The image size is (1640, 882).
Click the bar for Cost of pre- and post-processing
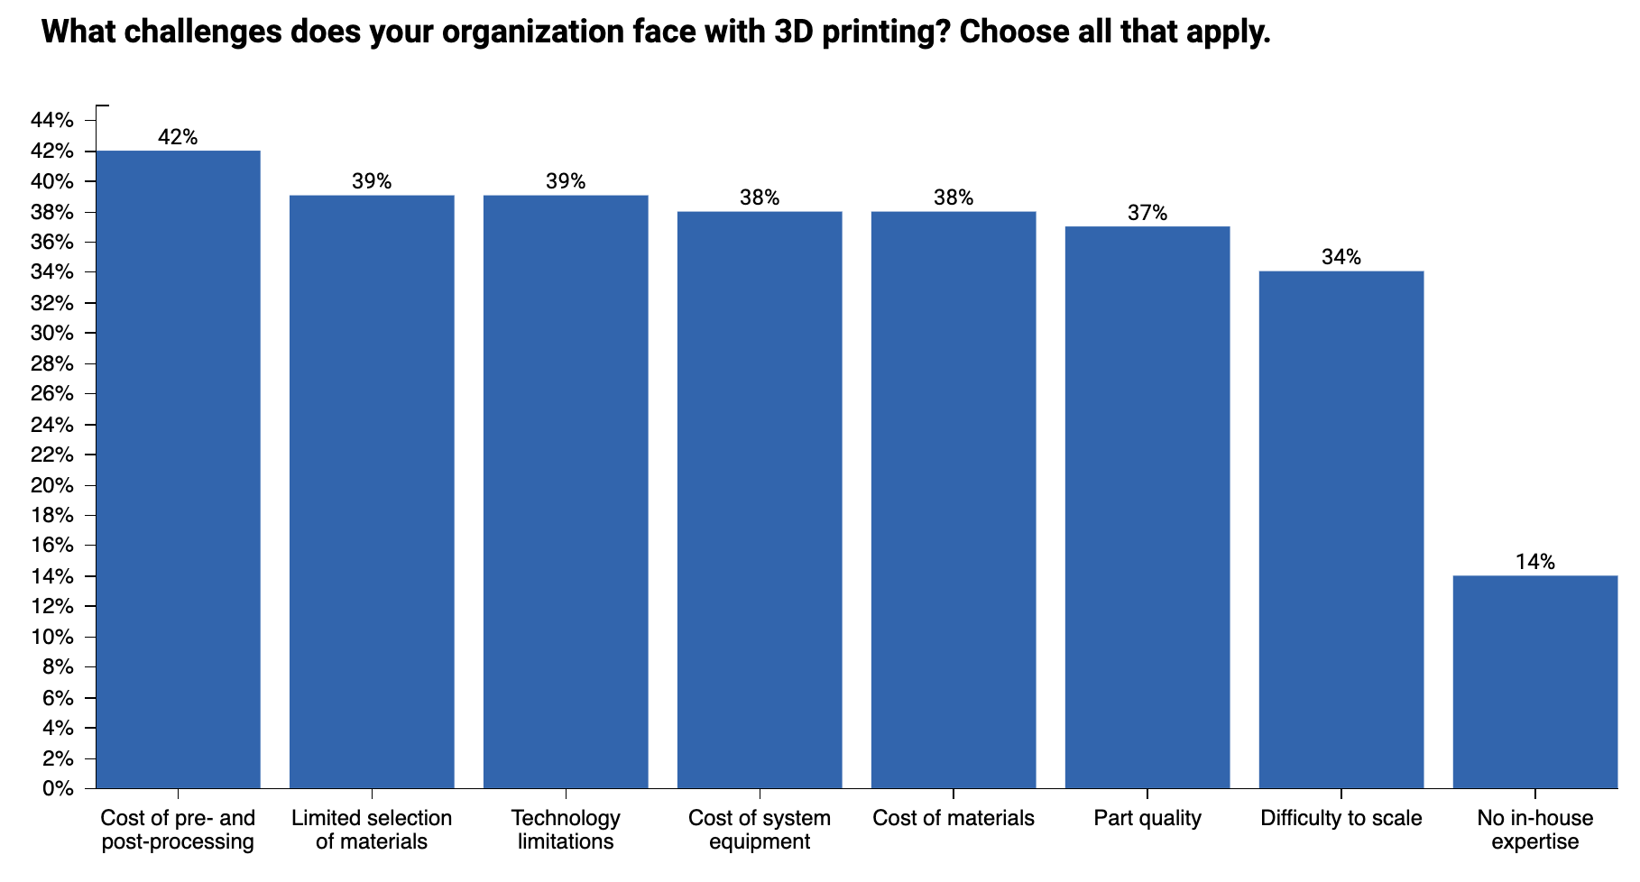click(178, 469)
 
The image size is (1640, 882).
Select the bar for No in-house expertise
click(1534, 682)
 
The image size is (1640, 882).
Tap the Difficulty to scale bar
click(1341, 529)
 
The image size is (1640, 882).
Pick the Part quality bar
click(1147, 507)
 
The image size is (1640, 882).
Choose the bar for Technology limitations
click(566, 492)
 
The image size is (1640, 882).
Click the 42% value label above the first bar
click(178, 137)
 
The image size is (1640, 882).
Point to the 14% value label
click(1534, 562)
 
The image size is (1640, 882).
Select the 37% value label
click(1147, 213)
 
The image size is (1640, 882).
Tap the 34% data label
click(1341, 257)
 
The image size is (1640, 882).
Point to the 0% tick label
click(58, 788)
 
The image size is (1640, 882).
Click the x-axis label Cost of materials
click(953, 818)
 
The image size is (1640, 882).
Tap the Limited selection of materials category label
click(372, 830)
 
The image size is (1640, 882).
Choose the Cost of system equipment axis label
click(760, 830)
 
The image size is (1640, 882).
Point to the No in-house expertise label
click(1534, 830)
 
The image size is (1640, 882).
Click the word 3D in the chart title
click(795, 32)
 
